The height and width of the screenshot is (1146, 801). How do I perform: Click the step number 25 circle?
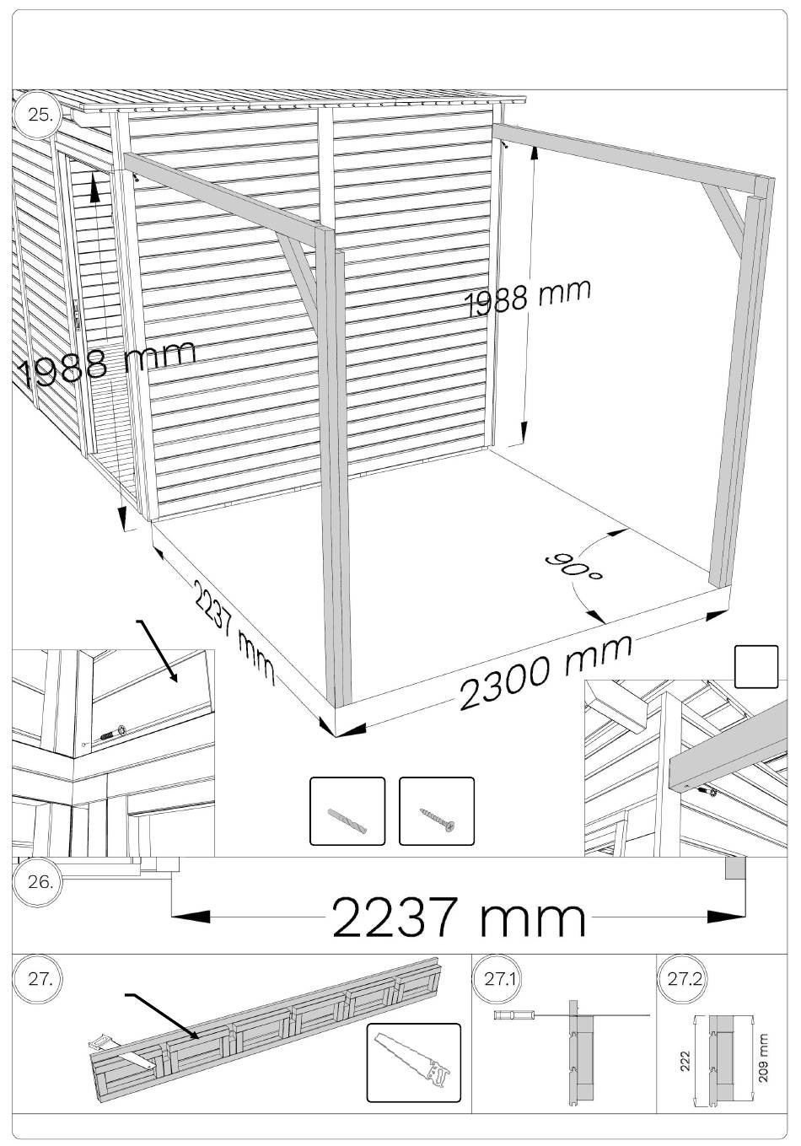click(38, 116)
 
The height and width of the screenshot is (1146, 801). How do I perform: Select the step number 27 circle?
click(38, 980)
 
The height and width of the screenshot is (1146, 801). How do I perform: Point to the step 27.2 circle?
click(681, 980)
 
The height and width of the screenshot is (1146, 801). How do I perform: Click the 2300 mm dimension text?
click(545, 674)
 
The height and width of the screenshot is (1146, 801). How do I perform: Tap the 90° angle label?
click(574, 567)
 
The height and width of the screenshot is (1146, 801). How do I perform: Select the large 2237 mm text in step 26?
click(459, 918)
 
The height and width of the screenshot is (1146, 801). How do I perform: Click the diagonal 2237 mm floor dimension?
click(233, 631)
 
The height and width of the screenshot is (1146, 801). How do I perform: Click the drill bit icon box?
click(347, 811)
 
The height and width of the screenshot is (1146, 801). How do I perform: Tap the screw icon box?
click(436, 811)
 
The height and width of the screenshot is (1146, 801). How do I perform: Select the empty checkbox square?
click(756, 667)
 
